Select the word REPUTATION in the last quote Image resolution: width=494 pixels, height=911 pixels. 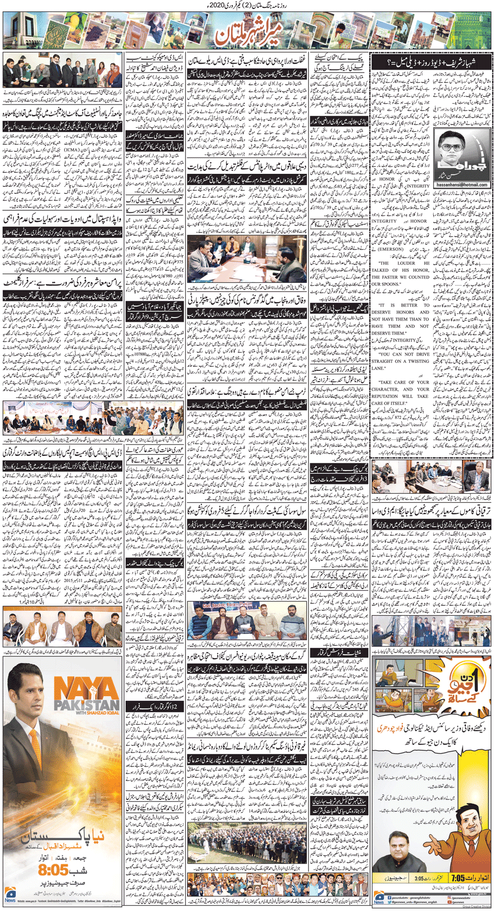click(x=389, y=396)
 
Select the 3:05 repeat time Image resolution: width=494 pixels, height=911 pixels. click(x=419, y=878)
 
